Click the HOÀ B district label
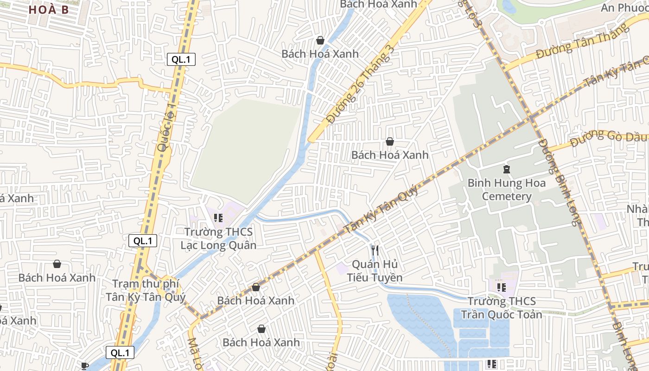[x=49, y=9]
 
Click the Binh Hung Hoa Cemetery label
[x=506, y=189]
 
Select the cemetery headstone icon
[x=506, y=169]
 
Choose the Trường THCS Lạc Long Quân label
[x=218, y=238]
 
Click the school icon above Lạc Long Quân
[x=218, y=217]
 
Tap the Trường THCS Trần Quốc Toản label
[x=501, y=308]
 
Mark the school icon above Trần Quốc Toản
[x=501, y=288]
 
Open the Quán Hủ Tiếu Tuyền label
[x=375, y=271]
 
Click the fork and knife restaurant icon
[x=375, y=250]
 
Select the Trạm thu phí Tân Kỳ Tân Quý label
[x=146, y=290]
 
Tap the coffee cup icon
[x=84, y=366]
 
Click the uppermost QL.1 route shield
[x=181, y=59]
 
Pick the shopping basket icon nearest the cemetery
[x=390, y=141]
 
